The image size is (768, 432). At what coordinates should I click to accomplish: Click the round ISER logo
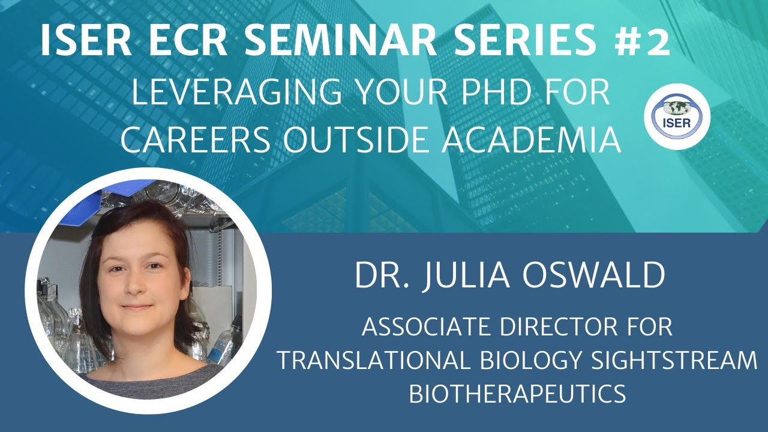(677, 115)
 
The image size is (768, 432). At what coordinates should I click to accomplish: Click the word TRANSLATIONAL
(372, 361)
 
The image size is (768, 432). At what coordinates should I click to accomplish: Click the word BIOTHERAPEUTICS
(517, 394)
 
